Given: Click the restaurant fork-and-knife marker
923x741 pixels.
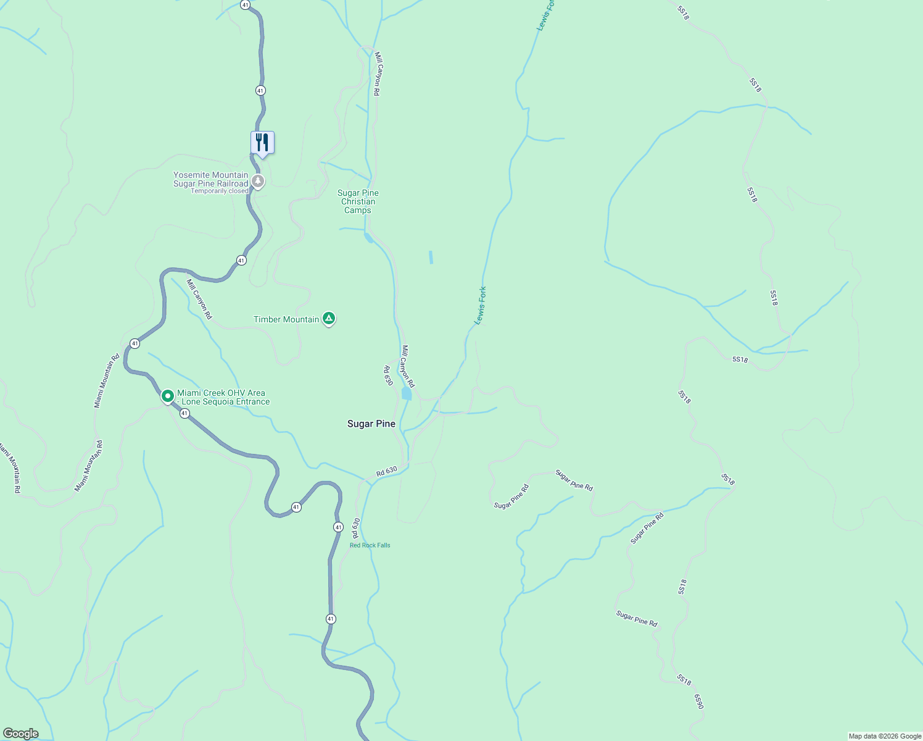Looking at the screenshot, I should [262, 143].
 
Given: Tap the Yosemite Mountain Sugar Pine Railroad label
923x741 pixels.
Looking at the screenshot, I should [211, 179].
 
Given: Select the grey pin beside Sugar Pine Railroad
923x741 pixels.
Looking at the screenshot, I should [258, 182].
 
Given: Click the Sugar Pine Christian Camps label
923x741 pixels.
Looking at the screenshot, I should [358, 201].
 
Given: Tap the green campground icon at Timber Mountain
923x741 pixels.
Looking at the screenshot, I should [329, 319].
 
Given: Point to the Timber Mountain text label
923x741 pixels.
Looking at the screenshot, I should [286, 319].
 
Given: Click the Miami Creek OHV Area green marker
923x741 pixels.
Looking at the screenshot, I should [167, 395].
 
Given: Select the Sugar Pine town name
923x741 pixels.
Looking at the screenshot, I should [371, 424].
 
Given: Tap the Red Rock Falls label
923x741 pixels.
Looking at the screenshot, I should [370, 545].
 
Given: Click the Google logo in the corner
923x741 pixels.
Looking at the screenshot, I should [21, 734].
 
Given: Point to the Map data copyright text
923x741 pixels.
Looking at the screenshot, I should [885, 736].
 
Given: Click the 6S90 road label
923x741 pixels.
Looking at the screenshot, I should [698, 701].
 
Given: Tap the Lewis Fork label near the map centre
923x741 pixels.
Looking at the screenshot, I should [480, 305].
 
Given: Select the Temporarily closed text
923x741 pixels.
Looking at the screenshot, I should [220, 191].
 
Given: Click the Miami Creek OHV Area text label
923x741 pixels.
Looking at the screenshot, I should [223, 397].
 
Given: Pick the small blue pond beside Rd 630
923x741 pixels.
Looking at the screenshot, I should [406, 394].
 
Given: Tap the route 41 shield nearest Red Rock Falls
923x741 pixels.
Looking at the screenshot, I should [338, 527].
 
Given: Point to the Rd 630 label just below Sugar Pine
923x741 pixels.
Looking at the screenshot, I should [387, 471].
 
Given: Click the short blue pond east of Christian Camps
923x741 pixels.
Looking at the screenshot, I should [431, 257].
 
